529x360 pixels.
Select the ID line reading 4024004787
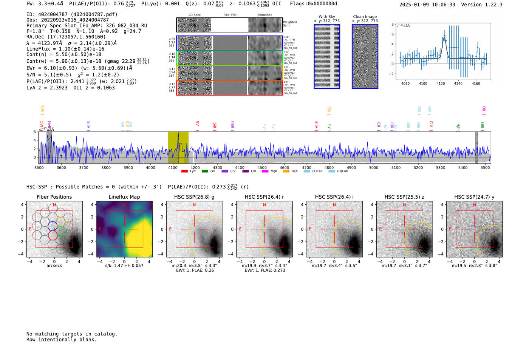(72, 14)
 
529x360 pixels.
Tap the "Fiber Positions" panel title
(54, 197)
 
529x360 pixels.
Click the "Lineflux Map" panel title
(124, 197)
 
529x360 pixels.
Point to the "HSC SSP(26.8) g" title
(194, 197)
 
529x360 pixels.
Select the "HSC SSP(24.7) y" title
(474, 197)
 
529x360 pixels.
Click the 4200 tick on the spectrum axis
(195, 167)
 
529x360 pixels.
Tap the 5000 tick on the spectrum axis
(373, 167)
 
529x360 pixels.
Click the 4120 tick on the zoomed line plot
(441, 83)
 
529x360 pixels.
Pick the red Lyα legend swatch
(184, 172)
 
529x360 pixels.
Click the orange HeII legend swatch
(286, 172)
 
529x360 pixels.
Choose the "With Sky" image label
(326, 17)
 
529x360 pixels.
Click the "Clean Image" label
(365, 17)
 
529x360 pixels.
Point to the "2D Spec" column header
(195, 15)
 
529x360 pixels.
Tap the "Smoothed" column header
(264, 15)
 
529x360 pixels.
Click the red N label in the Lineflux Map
(124, 205)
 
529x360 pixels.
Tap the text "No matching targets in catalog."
(72, 334)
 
